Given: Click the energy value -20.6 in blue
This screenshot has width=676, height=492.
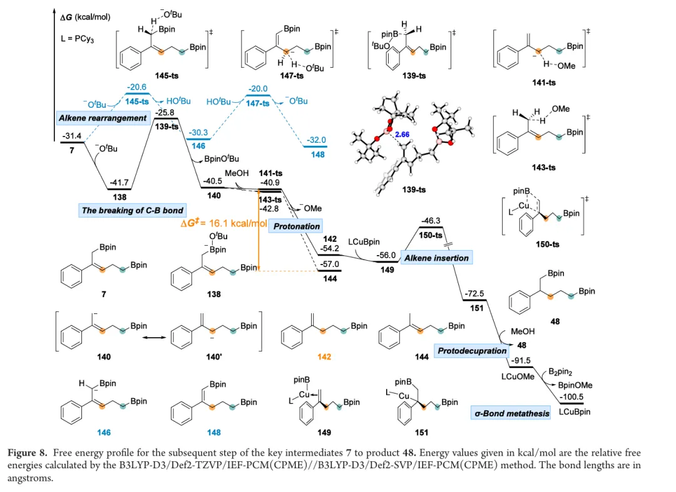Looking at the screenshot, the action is point(138,86).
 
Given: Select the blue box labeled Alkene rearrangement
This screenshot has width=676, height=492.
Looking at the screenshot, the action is point(103,118).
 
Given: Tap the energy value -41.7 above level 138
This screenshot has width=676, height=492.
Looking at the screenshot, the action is point(119,182).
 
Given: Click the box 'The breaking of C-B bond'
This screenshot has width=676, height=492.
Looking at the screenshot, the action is point(132,210).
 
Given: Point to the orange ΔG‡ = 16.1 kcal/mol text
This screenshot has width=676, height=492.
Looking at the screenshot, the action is point(223,223).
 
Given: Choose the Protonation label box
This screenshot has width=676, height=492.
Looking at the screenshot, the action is point(297,226).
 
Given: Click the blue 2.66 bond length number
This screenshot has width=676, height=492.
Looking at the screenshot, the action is point(402,135).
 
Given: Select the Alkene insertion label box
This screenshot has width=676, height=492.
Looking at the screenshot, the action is point(436,258).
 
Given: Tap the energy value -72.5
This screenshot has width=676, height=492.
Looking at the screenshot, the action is point(474,293).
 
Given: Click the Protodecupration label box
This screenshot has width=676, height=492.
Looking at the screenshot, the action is point(472,351).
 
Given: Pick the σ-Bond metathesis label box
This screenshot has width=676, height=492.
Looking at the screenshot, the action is point(512,413).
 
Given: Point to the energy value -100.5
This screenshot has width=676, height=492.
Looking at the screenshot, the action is point(571,397).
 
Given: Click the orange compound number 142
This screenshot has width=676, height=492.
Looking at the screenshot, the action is point(324,357).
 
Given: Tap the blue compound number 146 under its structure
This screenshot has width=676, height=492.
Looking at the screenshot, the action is point(104,432).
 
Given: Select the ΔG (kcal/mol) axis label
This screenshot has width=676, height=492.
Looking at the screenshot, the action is point(85,18).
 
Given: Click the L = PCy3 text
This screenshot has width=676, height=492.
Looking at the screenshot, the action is point(77,39).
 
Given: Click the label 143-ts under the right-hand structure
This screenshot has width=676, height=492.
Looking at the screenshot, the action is point(543,167).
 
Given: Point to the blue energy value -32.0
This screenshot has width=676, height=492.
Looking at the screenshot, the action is point(317,140).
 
